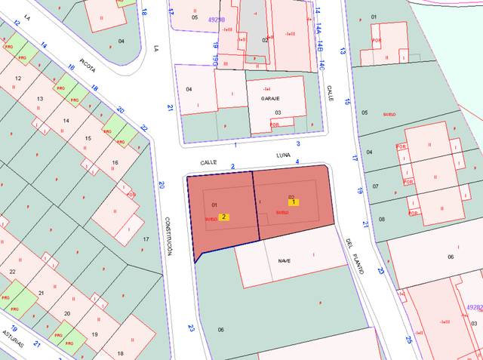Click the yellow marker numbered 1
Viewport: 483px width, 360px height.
[x=293, y=202]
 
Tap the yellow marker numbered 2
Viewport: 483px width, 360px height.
[x=224, y=217]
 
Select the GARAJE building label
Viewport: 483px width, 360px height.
[x=270, y=99]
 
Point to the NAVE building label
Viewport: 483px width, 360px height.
[x=285, y=261]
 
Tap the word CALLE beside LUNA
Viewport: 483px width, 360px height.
[x=208, y=162]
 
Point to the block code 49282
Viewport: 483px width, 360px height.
[x=473, y=307]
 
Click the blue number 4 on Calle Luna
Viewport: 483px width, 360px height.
[x=297, y=162]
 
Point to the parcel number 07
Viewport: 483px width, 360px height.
[x=375, y=185]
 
